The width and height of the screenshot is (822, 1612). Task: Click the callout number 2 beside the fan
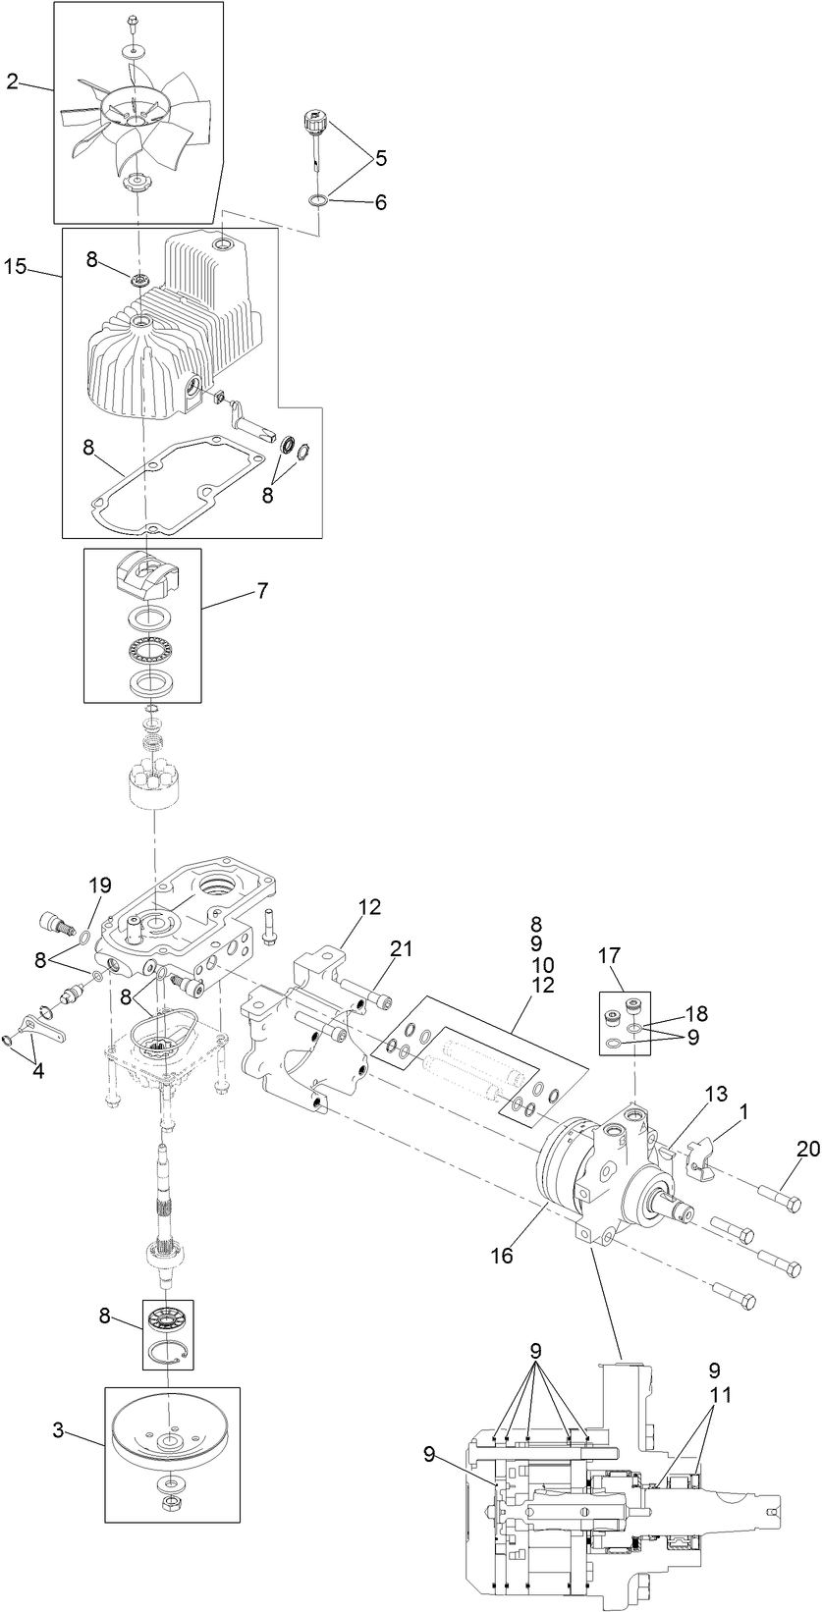coord(12,82)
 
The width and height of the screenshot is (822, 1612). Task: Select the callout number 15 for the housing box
coord(15,266)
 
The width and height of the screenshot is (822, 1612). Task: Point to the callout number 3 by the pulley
coord(58,1431)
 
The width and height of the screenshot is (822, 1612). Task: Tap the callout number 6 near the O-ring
coord(380,203)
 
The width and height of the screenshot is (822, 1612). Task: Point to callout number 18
coord(697,1014)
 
